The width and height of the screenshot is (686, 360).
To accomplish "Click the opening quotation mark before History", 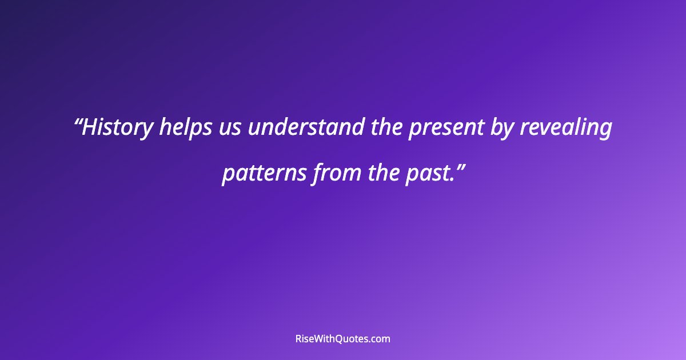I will click(79, 122).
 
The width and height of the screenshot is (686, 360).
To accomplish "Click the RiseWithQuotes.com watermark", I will click(343, 339).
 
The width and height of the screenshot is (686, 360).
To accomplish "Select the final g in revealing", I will click(605, 130).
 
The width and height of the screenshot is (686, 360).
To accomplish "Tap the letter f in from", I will click(317, 172).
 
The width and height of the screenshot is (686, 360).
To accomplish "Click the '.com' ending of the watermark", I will click(379, 339).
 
